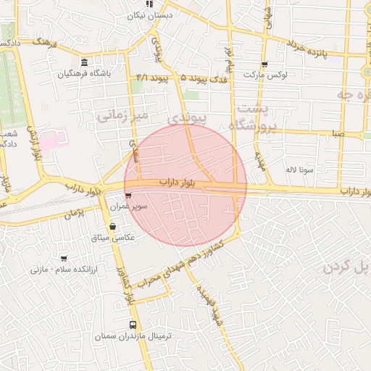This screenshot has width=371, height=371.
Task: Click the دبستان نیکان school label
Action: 149,15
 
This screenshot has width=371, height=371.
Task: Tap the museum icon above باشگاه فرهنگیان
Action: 86,62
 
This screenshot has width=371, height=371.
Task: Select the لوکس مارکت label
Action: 265,75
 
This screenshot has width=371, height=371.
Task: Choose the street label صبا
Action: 339,134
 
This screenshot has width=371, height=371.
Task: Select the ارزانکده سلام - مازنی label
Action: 58,269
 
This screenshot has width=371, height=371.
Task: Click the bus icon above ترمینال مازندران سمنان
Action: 133,325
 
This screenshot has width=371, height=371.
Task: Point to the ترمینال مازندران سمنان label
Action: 133,337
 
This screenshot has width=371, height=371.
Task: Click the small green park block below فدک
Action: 191,95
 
